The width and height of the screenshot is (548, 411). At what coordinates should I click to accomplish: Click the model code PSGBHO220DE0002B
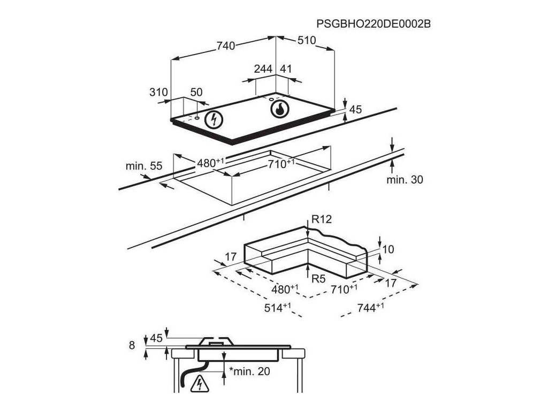[374, 25]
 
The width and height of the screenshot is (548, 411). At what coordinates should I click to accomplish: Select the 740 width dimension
[226, 47]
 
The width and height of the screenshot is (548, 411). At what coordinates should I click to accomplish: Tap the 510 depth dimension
[307, 41]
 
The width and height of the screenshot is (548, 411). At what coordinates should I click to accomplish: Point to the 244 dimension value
[263, 68]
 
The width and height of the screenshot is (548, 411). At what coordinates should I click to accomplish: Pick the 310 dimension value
[159, 92]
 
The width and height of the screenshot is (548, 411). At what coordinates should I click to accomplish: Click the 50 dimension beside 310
[196, 92]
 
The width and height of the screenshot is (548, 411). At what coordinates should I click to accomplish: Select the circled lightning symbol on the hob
[214, 120]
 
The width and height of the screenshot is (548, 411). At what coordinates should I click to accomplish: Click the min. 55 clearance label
[143, 166]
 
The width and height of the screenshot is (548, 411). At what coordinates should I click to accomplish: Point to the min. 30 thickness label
[405, 180]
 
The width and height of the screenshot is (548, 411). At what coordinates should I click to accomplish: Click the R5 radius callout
[318, 278]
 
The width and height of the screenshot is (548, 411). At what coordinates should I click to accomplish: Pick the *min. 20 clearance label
[249, 371]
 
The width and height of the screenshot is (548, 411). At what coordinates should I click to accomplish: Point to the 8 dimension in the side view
[132, 346]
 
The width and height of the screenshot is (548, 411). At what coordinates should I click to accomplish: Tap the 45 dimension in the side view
[156, 338]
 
